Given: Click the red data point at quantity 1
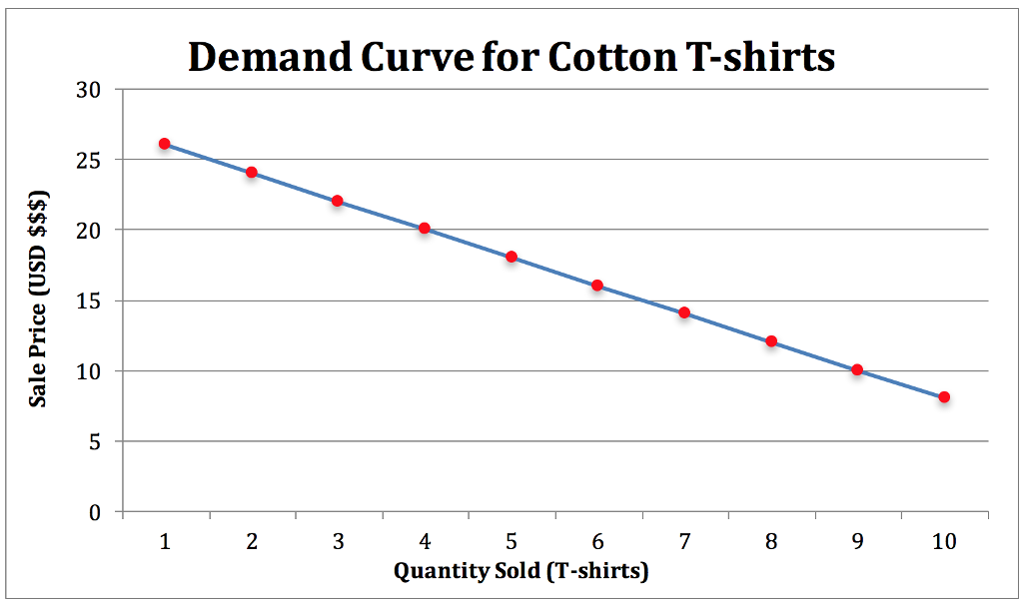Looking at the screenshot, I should point(165,144).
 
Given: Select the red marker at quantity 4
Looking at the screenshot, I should point(425,229).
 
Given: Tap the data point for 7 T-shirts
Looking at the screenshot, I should point(684,312).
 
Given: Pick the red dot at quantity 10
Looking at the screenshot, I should point(944,397).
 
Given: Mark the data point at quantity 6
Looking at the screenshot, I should point(597,286).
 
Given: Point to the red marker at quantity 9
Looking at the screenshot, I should point(857,369).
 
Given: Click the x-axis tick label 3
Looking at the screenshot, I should point(339,541).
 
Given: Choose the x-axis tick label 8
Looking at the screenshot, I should point(771,541).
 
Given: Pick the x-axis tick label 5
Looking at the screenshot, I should point(511,541).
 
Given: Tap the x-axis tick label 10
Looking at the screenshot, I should point(944,541).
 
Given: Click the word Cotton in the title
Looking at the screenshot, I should point(608,58).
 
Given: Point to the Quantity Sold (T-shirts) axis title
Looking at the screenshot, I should point(520,572).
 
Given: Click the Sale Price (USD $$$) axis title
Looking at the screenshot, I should point(39,299).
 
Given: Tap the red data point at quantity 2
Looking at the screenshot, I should point(252,173).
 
